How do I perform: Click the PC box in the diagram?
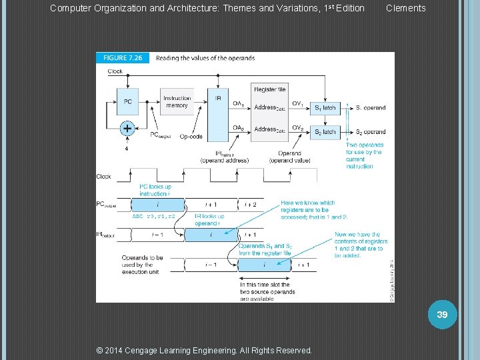click(128, 102)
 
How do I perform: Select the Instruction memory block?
click(177, 102)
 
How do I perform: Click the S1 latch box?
click(325, 107)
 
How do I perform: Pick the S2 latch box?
click(325, 132)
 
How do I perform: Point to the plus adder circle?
click(127, 128)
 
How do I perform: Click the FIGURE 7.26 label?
click(124, 58)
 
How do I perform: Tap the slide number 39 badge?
click(441, 313)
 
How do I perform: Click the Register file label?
click(270, 89)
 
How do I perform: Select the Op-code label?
click(191, 137)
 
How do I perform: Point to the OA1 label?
click(238, 103)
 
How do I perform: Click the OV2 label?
click(298, 128)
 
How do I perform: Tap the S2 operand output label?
click(370, 132)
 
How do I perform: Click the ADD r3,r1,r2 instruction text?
click(153, 217)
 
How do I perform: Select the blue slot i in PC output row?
click(157, 205)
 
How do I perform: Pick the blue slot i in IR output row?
click(211, 235)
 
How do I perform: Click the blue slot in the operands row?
click(264, 265)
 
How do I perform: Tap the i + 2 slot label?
click(251, 205)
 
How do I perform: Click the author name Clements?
click(405, 8)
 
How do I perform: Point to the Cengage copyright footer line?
click(205, 350)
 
